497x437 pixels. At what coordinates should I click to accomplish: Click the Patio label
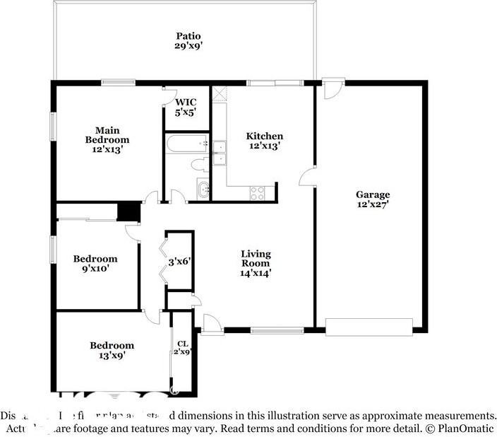(x=188, y=41)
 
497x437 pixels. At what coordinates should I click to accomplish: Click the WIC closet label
(x=186, y=107)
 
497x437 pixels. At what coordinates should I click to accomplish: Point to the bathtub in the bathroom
(x=186, y=144)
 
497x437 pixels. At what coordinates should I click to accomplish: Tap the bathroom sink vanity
(x=203, y=190)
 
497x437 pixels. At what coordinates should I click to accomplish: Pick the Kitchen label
(x=264, y=141)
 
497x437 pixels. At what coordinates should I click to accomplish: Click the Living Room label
(x=256, y=263)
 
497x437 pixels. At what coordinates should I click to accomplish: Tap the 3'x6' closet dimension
(x=179, y=262)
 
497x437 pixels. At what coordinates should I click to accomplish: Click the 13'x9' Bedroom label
(x=112, y=351)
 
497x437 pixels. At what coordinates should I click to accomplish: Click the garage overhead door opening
(x=369, y=327)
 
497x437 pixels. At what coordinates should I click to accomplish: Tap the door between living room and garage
(x=308, y=177)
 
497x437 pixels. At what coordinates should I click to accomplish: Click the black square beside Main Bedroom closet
(x=128, y=211)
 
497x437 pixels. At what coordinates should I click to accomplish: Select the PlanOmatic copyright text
(x=462, y=429)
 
